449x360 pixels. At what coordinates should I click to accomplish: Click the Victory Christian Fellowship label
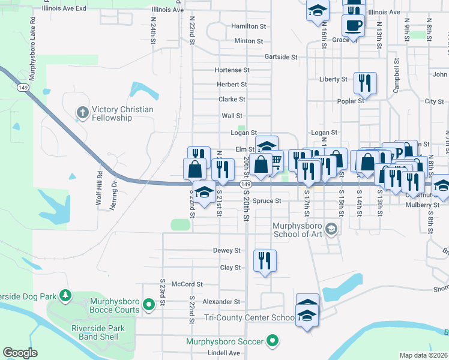click(122, 113)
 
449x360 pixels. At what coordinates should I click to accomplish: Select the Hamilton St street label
click(249, 26)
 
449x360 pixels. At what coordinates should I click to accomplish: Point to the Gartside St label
click(282, 57)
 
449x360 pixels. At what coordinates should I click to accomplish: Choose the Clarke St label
click(232, 99)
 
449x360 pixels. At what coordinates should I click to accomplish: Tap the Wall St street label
click(232, 115)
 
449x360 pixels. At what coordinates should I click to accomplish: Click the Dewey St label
click(226, 250)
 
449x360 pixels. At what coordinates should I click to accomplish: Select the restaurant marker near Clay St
click(265, 261)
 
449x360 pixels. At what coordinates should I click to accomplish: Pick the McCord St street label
click(188, 284)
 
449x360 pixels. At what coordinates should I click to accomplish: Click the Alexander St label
click(221, 302)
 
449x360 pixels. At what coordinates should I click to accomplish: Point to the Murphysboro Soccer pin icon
click(273, 341)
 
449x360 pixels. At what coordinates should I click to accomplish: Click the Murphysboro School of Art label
click(298, 230)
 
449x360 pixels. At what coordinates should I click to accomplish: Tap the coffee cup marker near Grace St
click(352, 25)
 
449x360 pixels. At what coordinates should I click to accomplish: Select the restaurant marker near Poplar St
click(364, 83)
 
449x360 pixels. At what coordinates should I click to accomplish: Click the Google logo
click(20, 353)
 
